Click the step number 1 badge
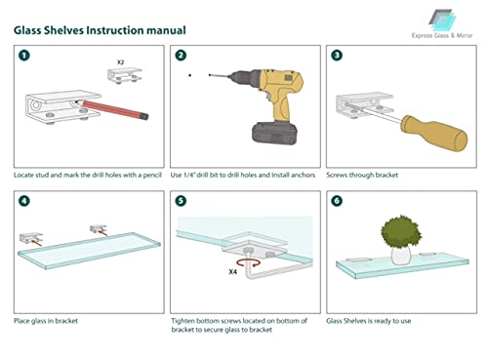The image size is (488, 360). click(24, 56)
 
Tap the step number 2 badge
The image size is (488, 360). click(181, 56)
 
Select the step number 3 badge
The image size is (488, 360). click(337, 56)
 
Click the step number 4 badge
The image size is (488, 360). click(24, 201)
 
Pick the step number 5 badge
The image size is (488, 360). click(181, 201)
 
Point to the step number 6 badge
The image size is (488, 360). click(337, 201)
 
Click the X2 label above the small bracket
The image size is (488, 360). click(120, 62)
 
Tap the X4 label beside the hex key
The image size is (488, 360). click(232, 272)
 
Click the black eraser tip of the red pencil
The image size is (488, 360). click(144, 115)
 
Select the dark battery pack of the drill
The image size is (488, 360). click(275, 133)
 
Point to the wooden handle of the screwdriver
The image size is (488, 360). click(434, 133)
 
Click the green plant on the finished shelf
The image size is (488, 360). click(401, 231)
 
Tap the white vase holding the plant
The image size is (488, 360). click(401, 255)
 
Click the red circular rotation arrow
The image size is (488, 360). click(248, 262)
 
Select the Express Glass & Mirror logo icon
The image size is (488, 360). click(442, 20)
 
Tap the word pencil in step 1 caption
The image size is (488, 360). click(152, 176)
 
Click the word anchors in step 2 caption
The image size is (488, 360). click(303, 176)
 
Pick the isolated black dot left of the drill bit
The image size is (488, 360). click(190, 75)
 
